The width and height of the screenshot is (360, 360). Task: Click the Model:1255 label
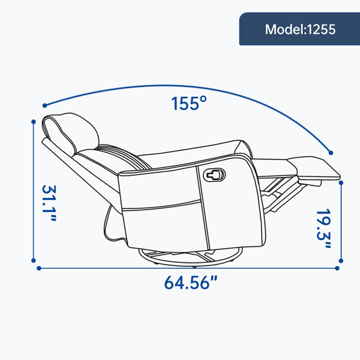pyautogui.click(x=300, y=29)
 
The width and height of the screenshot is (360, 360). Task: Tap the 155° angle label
pyautogui.click(x=189, y=103)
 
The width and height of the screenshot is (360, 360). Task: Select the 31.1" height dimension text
pyautogui.click(x=49, y=203)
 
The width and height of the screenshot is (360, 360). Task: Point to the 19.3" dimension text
pyautogui.click(x=324, y=229)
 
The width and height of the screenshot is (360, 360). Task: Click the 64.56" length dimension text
pyautogui.click(x=190, y=283)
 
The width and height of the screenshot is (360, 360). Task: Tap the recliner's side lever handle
pyautogui.click(x=214, y=175)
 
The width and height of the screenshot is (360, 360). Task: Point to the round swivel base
pyautogui.click(x=190, y=258)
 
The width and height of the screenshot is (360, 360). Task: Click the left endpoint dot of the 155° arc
pyautogui.click(x=45, y=106)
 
